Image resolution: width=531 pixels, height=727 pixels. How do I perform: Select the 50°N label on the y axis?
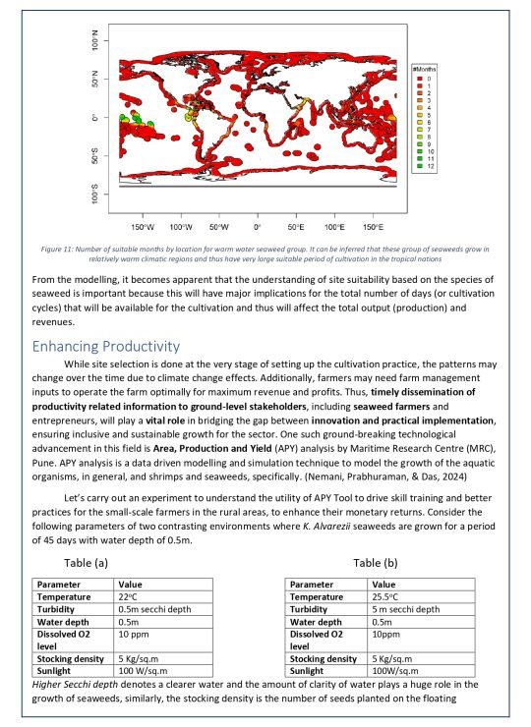[x=92, y=80]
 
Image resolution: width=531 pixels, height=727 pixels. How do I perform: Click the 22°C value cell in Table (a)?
[x=129, y=596]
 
